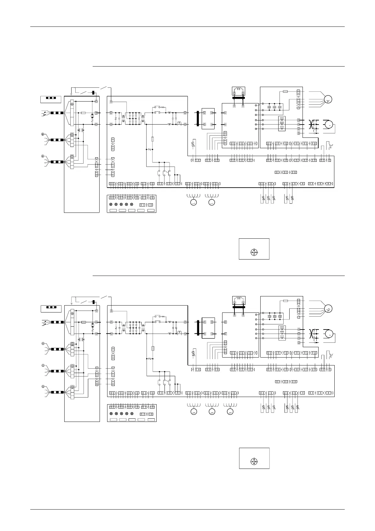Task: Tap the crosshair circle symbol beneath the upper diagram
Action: click(x=254, y=252)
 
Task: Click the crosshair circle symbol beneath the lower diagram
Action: click(x=254, y=461)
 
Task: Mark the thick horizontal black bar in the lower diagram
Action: click(x=239, y=306)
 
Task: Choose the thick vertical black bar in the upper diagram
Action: click(x=198, y=118)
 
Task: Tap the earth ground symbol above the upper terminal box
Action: click(x=72, y=93)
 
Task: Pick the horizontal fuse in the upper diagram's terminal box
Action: click(x=84, y=113)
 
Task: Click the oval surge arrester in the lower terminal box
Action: click(x=92, y=326)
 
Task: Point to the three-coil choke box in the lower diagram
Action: click(x=282, y=333)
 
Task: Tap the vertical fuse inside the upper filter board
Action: click(x=153, y=139)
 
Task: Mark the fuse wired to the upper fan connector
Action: click(x=285, y=91)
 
